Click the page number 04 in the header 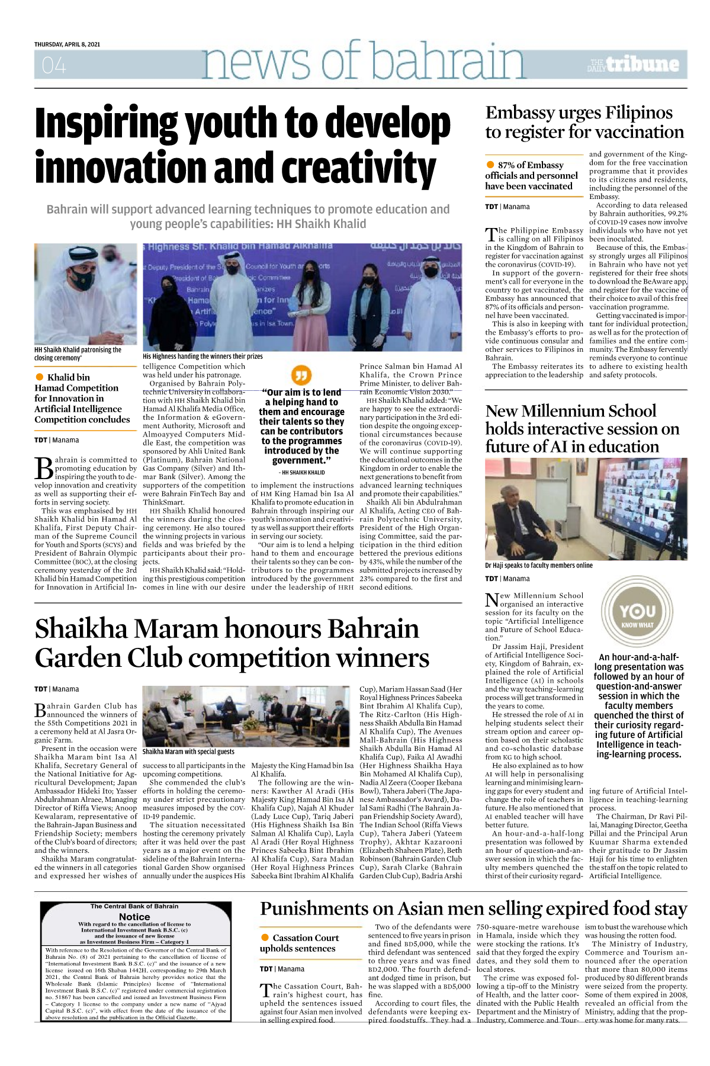(x=54, y=65)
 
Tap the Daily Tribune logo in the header (x=634, y=65)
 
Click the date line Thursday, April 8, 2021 (x=67, y=44)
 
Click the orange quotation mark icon (x=301, y=375)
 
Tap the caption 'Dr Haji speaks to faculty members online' (x=538, y=566)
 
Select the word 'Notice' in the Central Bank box (x=134, y=917)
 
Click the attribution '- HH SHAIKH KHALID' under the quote (x=301, y=473)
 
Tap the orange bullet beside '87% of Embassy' (x=490, y=165)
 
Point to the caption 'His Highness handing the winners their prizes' (x=203, y=357)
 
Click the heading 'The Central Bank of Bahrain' (x=134, y=906)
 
